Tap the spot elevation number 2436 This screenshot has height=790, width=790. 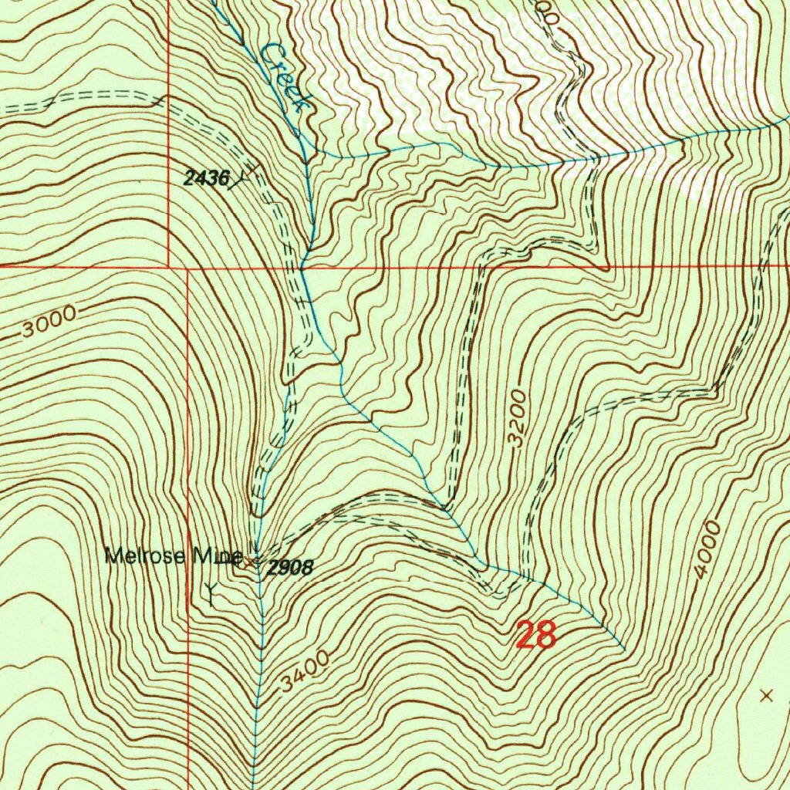[x=206, y=179]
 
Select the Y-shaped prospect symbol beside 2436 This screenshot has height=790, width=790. [x=245, y=176]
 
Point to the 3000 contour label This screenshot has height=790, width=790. [x=49, y=322]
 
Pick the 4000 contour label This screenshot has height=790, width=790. [x=707, y=549]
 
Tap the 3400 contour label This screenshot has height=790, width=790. [x=305, y=670]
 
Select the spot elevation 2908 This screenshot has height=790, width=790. [x=290, y=569]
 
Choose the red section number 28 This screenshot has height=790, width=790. [x=535, y=636]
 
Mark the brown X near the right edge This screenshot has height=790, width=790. [x=766, y=696]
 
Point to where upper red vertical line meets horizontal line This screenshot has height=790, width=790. [x=169, y=265]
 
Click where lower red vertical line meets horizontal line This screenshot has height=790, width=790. [x=188, y=268]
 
